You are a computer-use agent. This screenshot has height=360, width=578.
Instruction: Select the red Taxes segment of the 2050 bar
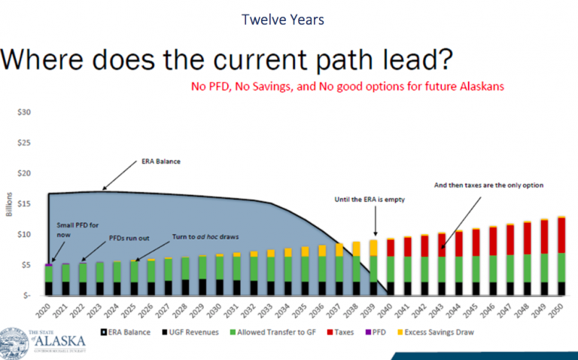pos(561,235)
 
